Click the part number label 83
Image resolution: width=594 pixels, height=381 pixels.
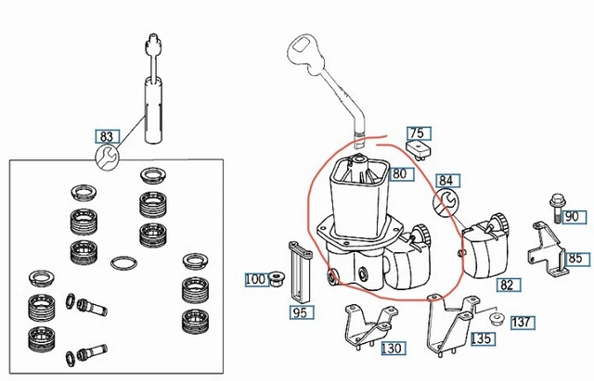pyautogui.click(x=109, y=136)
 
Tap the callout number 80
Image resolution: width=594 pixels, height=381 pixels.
pyautogui.click(x=400, y=173)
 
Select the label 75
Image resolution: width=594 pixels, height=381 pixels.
pyautogui.click(x=417, y=133)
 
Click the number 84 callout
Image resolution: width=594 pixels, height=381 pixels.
pyautogui.click(x=447, y=181)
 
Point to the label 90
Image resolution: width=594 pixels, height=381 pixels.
pyautogui.click(x=571, y=216)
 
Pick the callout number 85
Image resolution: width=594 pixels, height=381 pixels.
pyautogui.click(x=575, y=259)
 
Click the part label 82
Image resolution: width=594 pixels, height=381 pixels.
pyautogui.click(x=506, y=285)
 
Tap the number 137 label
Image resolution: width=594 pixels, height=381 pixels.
pyautogui.click(x=523, y=323)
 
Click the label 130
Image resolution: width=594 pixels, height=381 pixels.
pyautogui.click(x=394, y=349)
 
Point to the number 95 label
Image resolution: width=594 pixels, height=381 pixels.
pyautogui.click(x=299, y=312)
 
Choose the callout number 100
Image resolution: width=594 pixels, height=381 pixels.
pyautogui.click(x=254, y=278)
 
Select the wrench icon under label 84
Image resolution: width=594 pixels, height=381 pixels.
pyautogui.click(x=445, y=200)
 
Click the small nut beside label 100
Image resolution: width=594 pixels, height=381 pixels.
pyautogui.click(x=275, y=278)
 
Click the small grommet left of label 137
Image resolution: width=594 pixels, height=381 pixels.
pyautogui.click(x=497, y=320)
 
